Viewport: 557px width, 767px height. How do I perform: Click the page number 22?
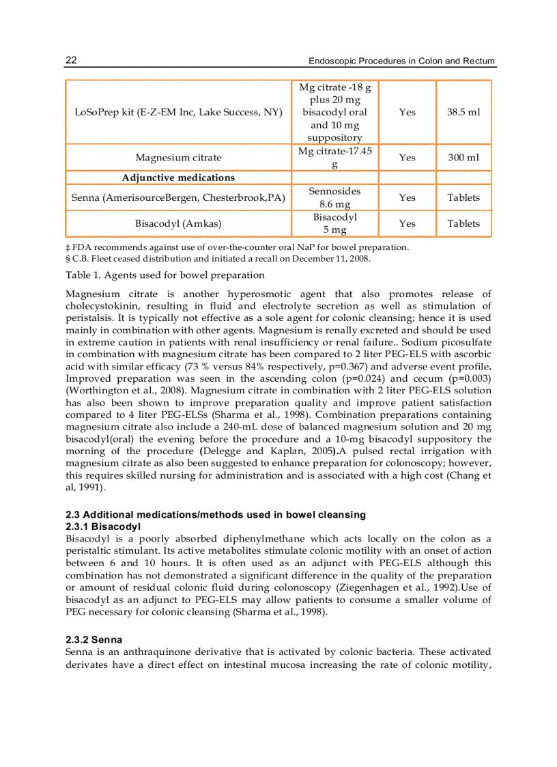[71, 60]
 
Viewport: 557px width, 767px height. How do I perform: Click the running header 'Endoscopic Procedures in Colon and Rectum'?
[401, 61]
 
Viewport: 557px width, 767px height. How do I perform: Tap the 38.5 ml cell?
[463, 112]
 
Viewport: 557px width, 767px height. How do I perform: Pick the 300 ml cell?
[463, 158]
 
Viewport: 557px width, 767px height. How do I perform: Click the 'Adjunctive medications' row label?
[178, 178]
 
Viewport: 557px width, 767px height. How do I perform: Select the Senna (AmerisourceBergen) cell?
[177, 197]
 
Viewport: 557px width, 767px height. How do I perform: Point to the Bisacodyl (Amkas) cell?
[177, 223]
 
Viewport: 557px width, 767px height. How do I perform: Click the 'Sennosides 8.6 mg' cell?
[334, 197]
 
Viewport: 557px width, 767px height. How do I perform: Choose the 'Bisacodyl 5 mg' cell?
[334, 223]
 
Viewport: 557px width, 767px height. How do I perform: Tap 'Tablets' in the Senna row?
[463, 197]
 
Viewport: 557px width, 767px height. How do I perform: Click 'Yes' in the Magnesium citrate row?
[407, 158]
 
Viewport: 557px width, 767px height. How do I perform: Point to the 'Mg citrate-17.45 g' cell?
[334, 158]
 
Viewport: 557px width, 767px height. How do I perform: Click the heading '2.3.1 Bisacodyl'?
[102, 527]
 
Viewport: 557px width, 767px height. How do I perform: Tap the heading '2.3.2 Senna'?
[94, 640]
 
